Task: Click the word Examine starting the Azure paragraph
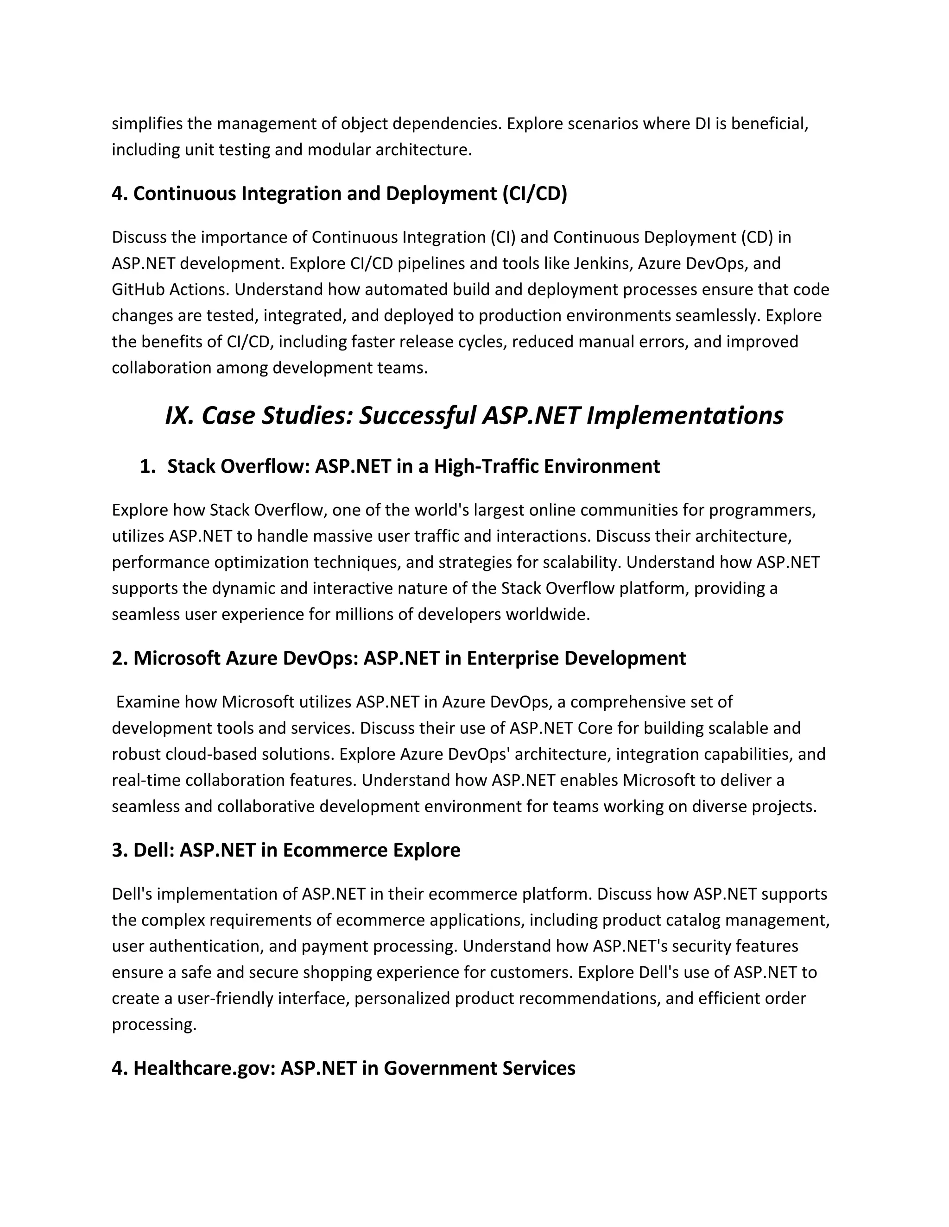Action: pyautogui.click(x=148, y=702)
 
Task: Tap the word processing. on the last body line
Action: pyautogui.click(x=154, y=1025)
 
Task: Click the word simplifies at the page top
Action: pyautogui.click(x=147, y=124)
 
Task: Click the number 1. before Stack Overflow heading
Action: pyautogui.click(x=147, y=466)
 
